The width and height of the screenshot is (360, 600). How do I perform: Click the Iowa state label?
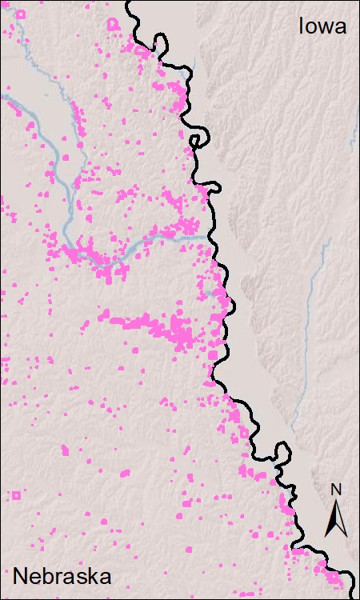(x=322, y=26)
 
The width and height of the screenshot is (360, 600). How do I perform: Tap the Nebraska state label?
(x=62, y=576)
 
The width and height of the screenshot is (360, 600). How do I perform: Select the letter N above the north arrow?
(x=336, y=490)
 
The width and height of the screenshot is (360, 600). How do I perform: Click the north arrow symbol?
(x=336, y=516)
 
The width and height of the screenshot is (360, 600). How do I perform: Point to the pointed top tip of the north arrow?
(x=336, y=499)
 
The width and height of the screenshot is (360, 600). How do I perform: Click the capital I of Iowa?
(x=302, y=26)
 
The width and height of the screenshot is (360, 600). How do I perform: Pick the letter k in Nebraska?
(x=102, y=576)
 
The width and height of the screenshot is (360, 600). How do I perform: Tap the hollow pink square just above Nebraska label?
(x=15, y=494)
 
